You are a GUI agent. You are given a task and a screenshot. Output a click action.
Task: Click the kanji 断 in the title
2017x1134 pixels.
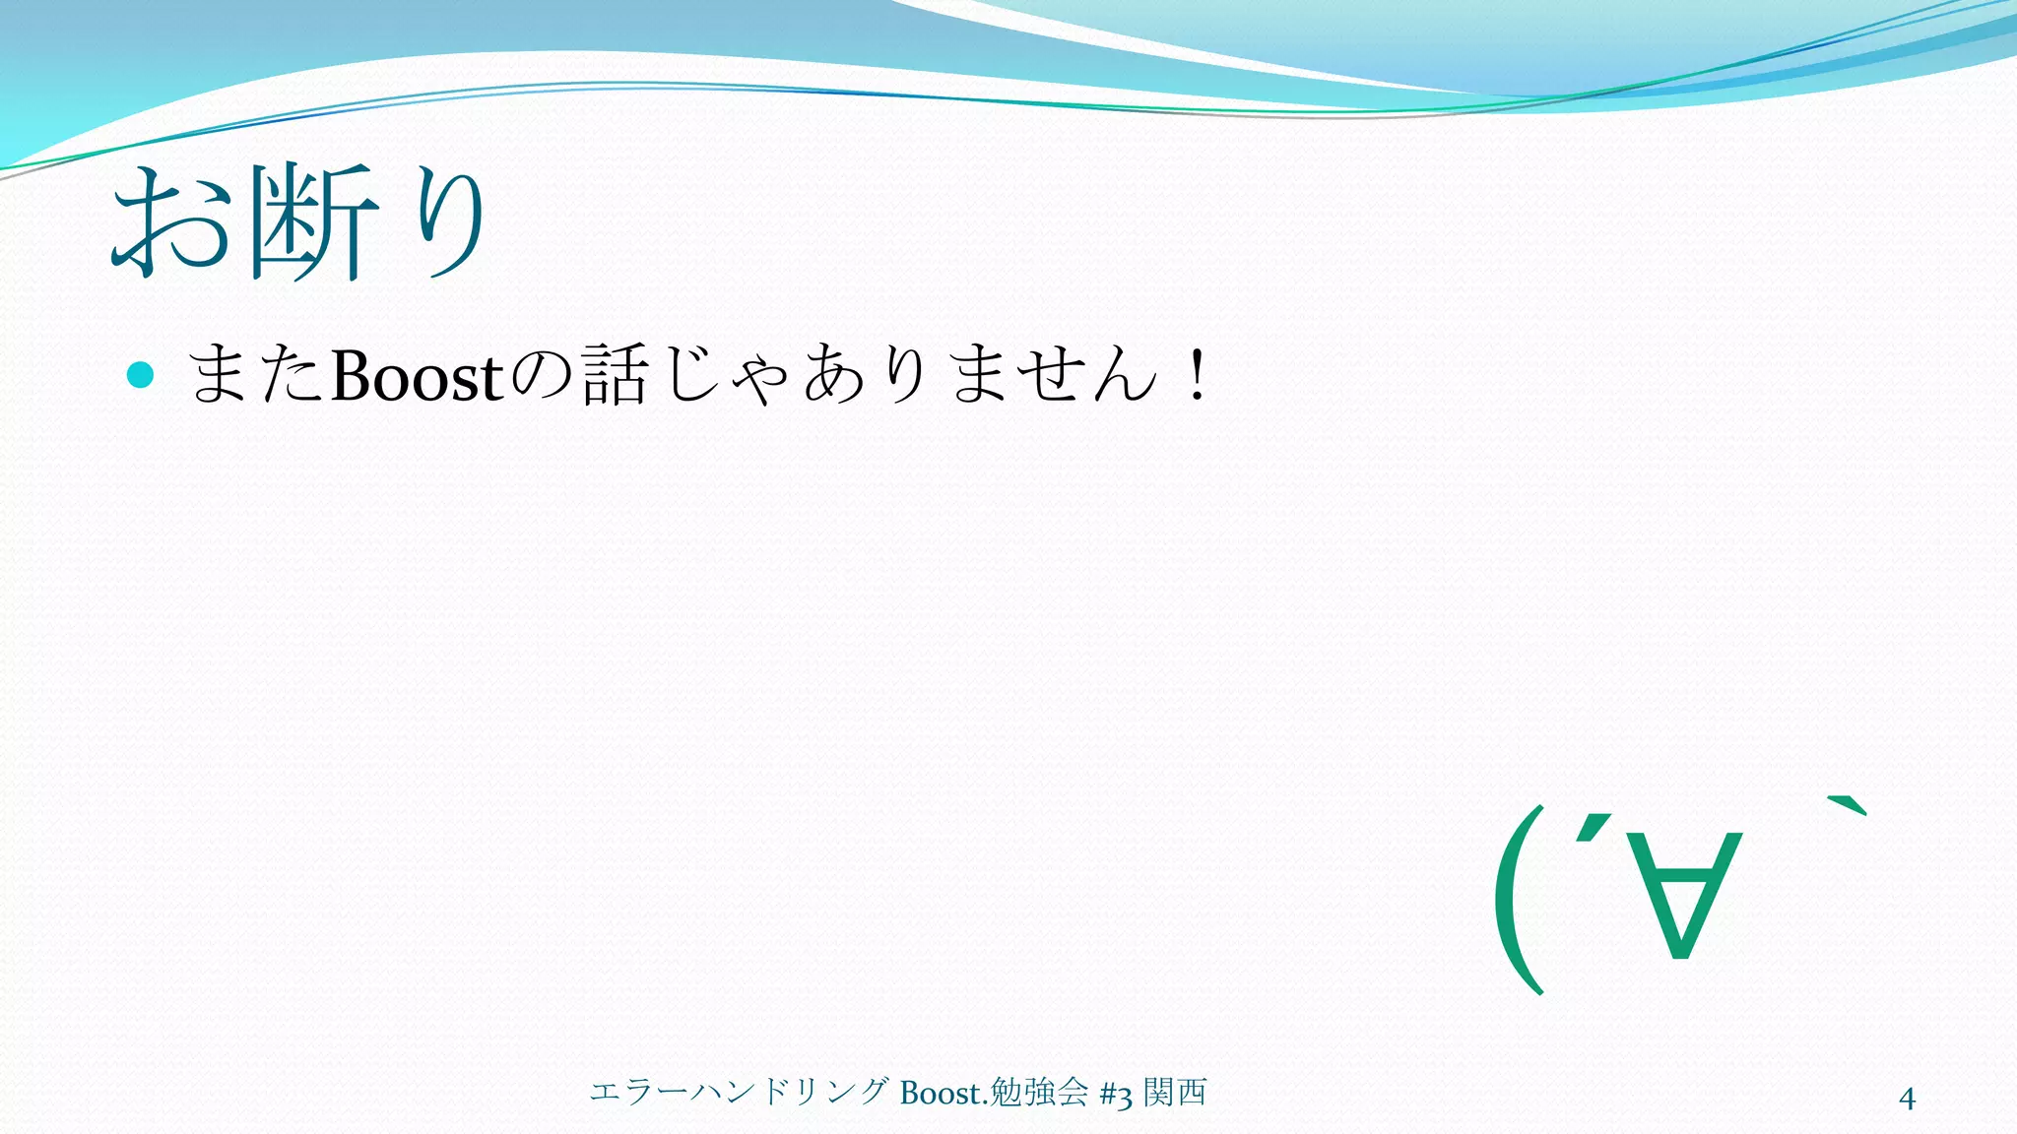[x=313, y=222]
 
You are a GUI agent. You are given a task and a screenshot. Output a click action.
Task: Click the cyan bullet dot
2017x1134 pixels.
[x=141, y=375]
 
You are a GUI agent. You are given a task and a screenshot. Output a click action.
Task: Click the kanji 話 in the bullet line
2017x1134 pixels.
[x=615, y=376]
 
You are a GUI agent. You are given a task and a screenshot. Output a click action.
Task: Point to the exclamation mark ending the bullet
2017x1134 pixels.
[x=1198, y=376]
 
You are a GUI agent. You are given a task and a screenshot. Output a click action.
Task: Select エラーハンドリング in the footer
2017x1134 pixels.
[x=740, y=1093]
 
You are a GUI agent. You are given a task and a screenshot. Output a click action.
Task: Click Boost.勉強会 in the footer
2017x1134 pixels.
[x=993, y=1093]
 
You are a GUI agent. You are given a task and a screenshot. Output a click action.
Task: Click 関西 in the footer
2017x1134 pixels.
[x=1175, y=1093]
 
